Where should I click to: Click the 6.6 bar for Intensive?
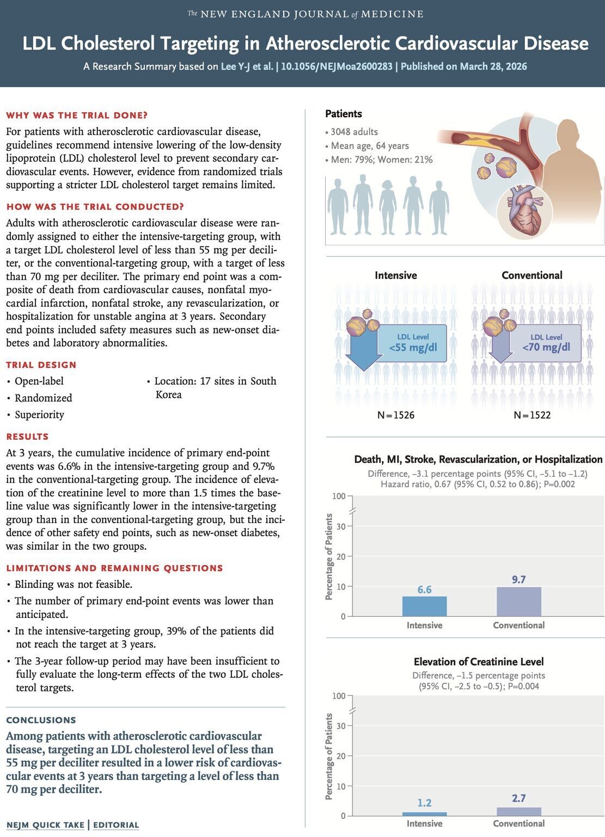pos(424,606)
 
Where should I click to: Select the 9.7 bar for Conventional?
pos(518,602)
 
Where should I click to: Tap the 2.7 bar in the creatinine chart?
pos(518,811)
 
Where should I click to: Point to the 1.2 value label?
pos(424,803)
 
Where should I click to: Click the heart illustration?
pos(525,209)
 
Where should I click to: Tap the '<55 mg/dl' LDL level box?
pos(413,343)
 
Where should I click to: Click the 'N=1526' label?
pos(396,415)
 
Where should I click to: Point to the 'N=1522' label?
pos(532,415)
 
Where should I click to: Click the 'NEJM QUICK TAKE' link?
pos(45,825)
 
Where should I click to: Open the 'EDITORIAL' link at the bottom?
pos(116,825)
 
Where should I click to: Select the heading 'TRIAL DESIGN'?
pos(41,365)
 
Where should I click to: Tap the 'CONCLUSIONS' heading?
pos(41,720)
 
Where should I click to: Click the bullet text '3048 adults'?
pos(354,132)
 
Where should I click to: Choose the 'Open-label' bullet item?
pos(39,381)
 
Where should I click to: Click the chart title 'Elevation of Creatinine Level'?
pos(479,662)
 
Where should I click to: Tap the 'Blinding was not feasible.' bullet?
pos(73,584)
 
